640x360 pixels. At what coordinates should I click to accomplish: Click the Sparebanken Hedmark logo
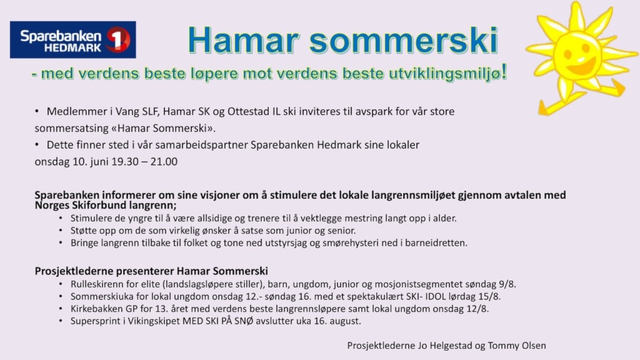tap(73, 39)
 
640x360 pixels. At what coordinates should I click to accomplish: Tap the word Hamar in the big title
tap(244, 41)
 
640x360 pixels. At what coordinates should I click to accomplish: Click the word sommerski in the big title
tap(404, 41)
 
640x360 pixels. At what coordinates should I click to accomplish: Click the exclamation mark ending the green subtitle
tap(504, 72)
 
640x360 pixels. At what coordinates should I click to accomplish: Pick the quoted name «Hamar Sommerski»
tap(163, 128)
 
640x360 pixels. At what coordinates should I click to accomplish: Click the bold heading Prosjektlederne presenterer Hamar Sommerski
tap(151, 271)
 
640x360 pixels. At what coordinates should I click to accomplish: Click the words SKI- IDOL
tap(426, 296)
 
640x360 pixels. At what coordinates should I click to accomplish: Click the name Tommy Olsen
tap(517, 346)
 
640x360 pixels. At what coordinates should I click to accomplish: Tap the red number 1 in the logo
tap(118, 39)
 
